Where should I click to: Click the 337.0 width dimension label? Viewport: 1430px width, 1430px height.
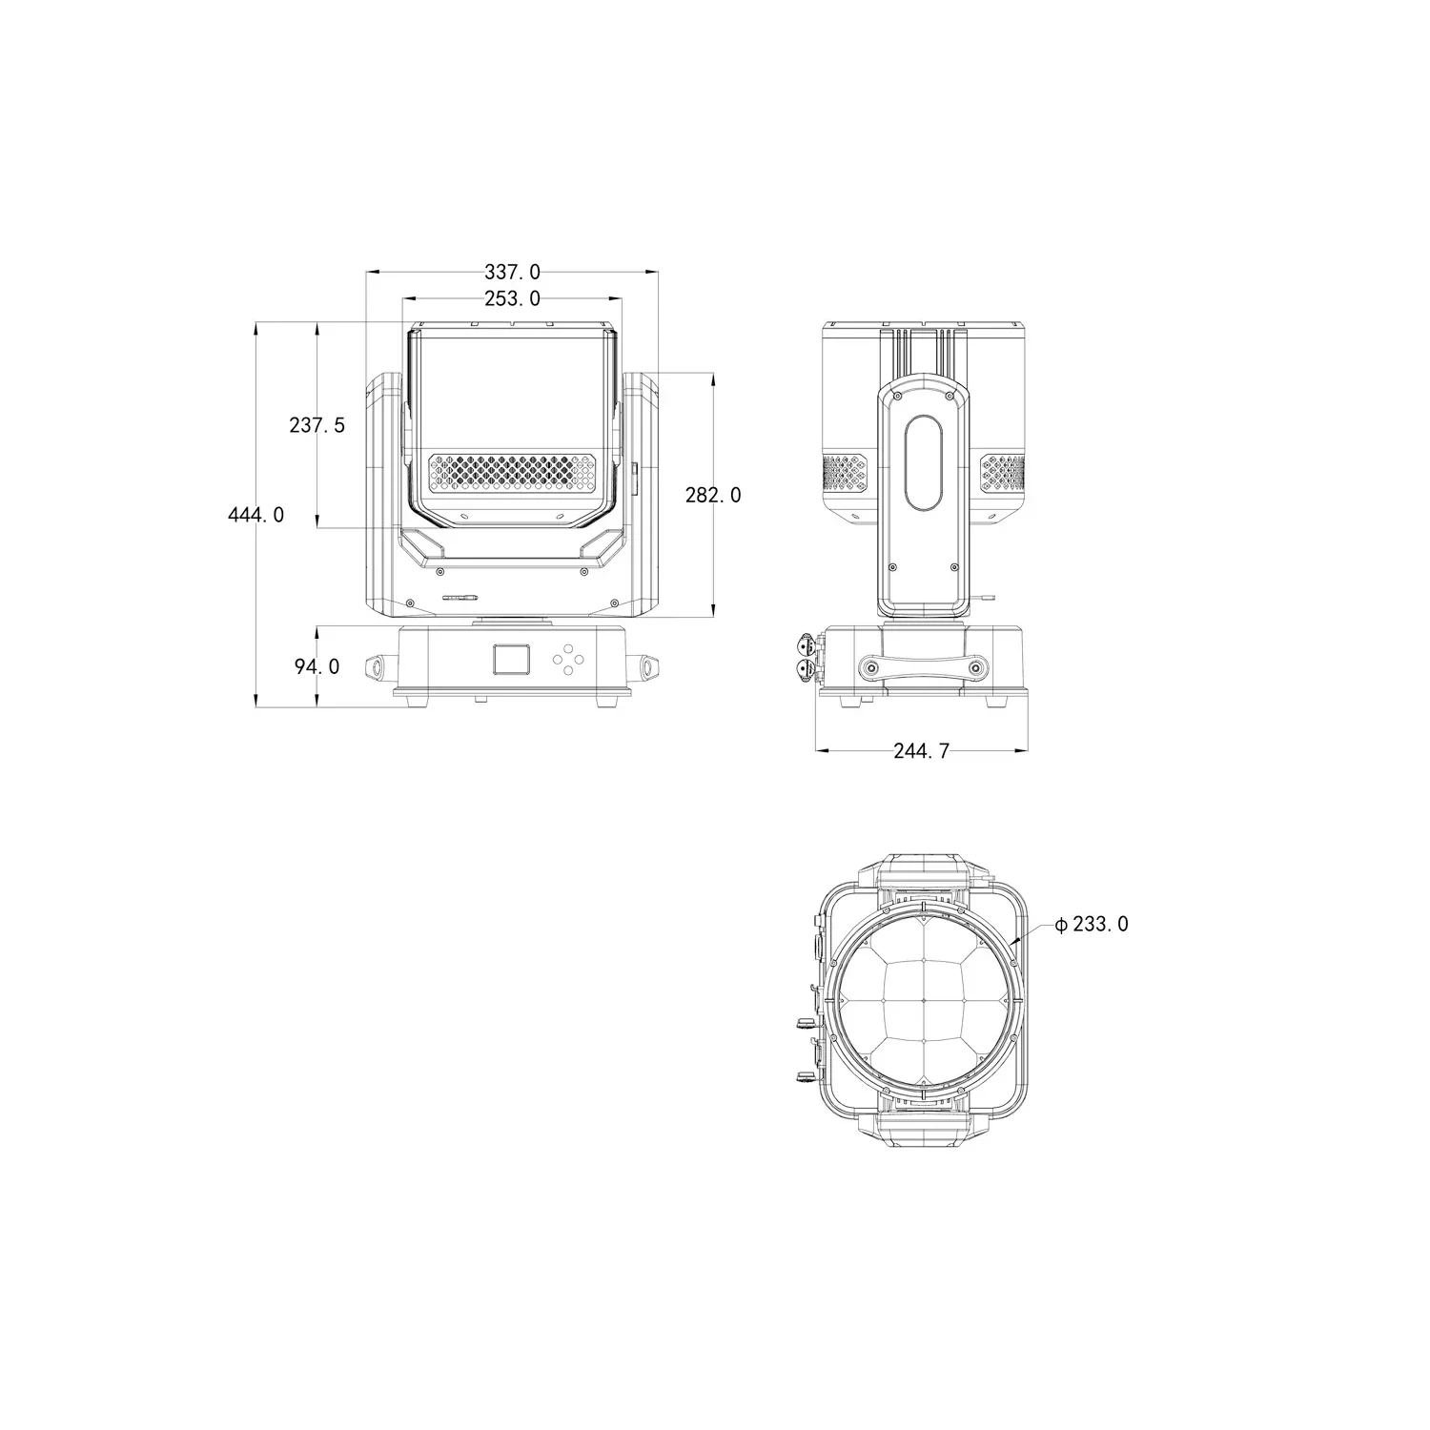point(512,273)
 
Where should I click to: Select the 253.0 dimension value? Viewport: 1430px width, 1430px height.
point(512,298)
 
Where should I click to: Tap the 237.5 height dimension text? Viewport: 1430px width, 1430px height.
point(317,425)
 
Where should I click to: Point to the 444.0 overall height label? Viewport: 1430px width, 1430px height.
point(255,515)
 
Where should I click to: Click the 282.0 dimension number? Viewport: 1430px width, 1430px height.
point(713,495)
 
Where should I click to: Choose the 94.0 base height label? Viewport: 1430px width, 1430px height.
point(317,666)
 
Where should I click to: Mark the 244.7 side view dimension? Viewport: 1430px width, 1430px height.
point(922,751)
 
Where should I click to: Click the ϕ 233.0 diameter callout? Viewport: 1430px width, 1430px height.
point(1093,924)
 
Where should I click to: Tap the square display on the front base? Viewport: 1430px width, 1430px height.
point(511,659)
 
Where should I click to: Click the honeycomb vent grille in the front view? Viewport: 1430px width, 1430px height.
point(512,472)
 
